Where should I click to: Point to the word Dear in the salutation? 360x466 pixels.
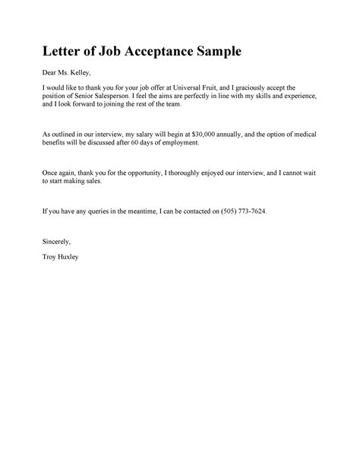pos(51,74)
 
